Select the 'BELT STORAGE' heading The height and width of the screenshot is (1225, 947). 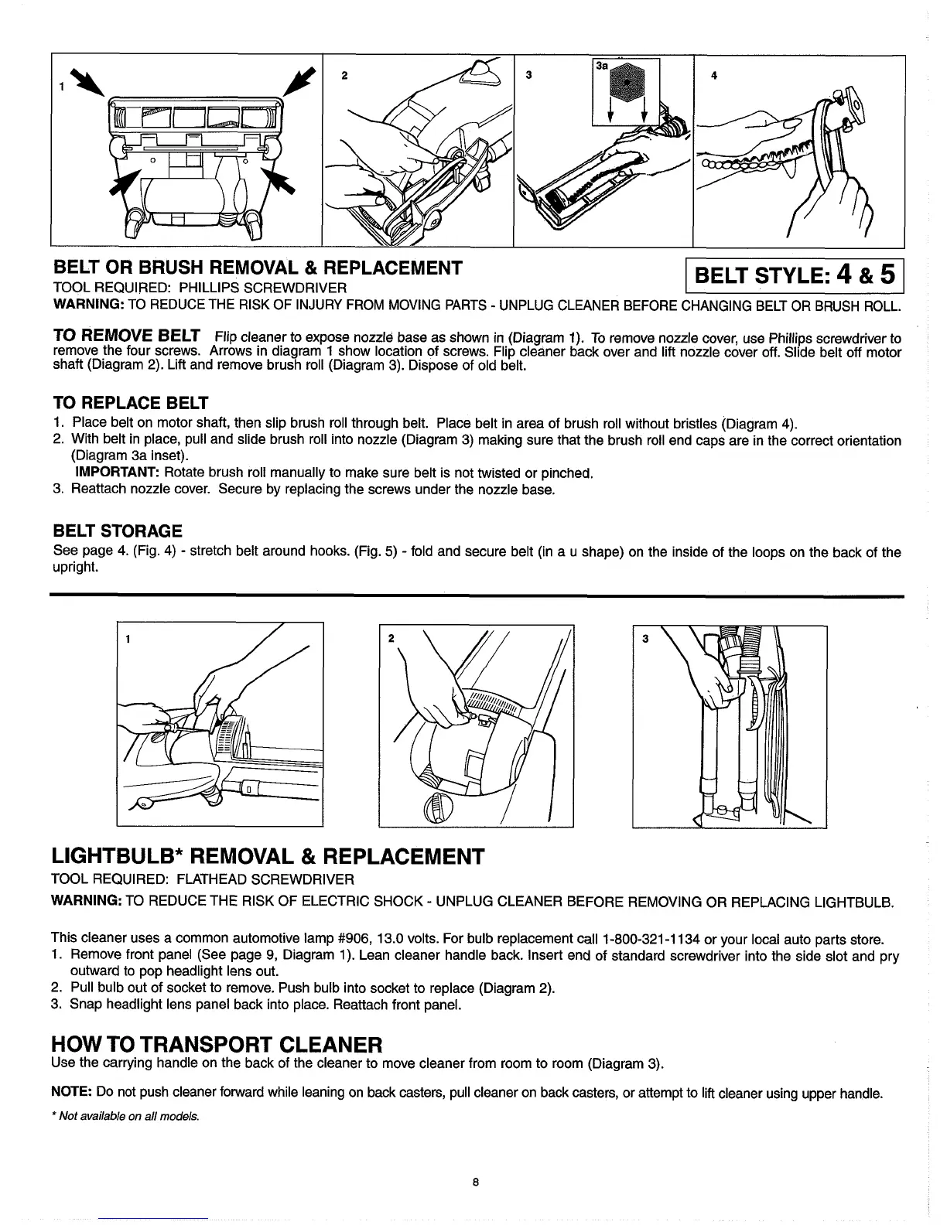point(118,531)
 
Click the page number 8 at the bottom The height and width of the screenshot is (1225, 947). point(477,1182)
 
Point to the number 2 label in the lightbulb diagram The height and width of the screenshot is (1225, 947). point(391,639)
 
